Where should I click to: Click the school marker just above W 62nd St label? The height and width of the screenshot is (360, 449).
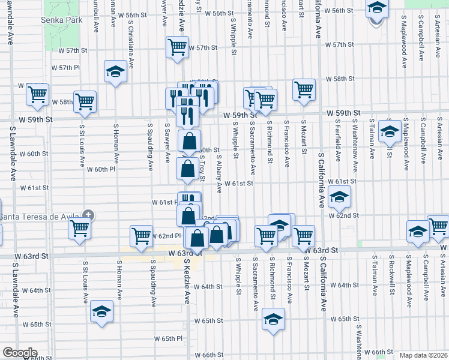click(x=339, y=196)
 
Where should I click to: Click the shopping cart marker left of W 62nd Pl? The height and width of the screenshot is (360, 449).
click(x=142, y=235)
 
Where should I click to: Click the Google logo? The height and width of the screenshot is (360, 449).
click(x=19, y=353)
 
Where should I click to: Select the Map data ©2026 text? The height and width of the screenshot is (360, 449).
click(x=423, y=355)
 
